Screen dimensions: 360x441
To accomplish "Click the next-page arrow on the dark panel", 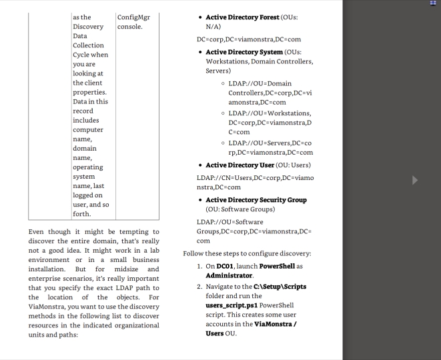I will (x=416, y=180).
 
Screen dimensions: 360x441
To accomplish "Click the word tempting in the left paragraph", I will (x=141, y=231).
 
